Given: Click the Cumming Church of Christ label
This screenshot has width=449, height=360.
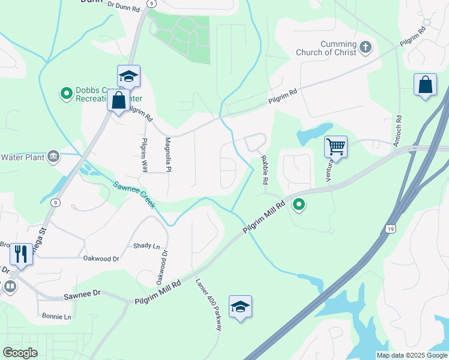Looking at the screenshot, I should pos(326,48).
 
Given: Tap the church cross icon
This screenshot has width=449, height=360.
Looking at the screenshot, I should pos(366,47).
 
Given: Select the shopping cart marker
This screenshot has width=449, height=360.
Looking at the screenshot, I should pos(336,146).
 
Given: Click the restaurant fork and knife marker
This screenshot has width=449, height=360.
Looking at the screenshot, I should pos(21,254).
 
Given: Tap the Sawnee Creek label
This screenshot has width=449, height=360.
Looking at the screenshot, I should pos(135,194).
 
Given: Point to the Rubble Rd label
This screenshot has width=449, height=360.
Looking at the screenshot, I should pos(264,170).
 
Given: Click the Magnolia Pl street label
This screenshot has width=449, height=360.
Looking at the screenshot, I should pos(168,155).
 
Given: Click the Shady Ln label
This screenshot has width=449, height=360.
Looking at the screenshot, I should pos(146,246).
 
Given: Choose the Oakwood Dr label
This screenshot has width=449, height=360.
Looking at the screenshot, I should pos(101,259).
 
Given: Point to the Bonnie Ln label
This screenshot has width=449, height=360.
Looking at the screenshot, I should pos(56,316).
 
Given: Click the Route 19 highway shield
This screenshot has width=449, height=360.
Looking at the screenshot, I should pos(391,229).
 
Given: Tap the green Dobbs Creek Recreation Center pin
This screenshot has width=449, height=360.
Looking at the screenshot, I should pos(66,94).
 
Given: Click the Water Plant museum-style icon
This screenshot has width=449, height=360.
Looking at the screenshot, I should pos(53,157).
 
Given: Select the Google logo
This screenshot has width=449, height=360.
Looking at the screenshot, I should pos(20,353).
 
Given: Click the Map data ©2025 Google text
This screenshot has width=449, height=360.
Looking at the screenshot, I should pos(411,355).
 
